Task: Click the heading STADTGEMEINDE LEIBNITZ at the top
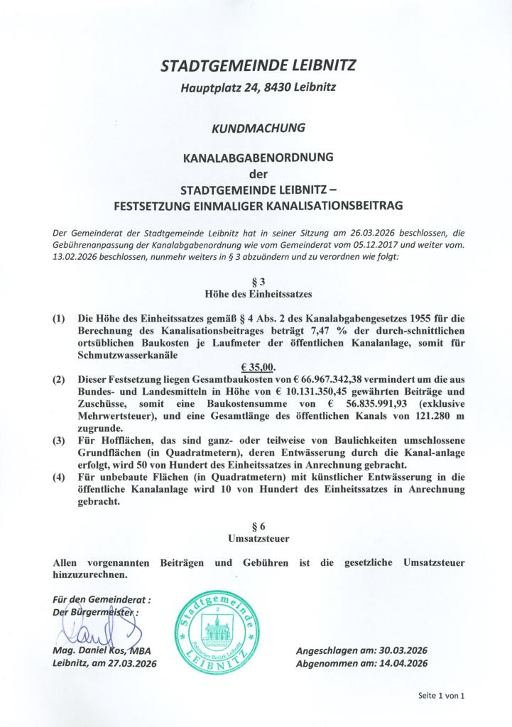[258, 67]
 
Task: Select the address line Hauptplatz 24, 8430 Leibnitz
[258, 89]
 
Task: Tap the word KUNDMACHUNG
[258, 129]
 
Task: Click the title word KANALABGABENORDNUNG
[258, 158]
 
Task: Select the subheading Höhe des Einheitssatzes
[258, 293]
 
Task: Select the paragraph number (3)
[60, 441]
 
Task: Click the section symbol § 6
[258, 526]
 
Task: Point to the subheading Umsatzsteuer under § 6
[258, 539]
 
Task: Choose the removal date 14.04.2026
[398, 664]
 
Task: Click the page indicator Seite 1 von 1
[441, 696]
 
